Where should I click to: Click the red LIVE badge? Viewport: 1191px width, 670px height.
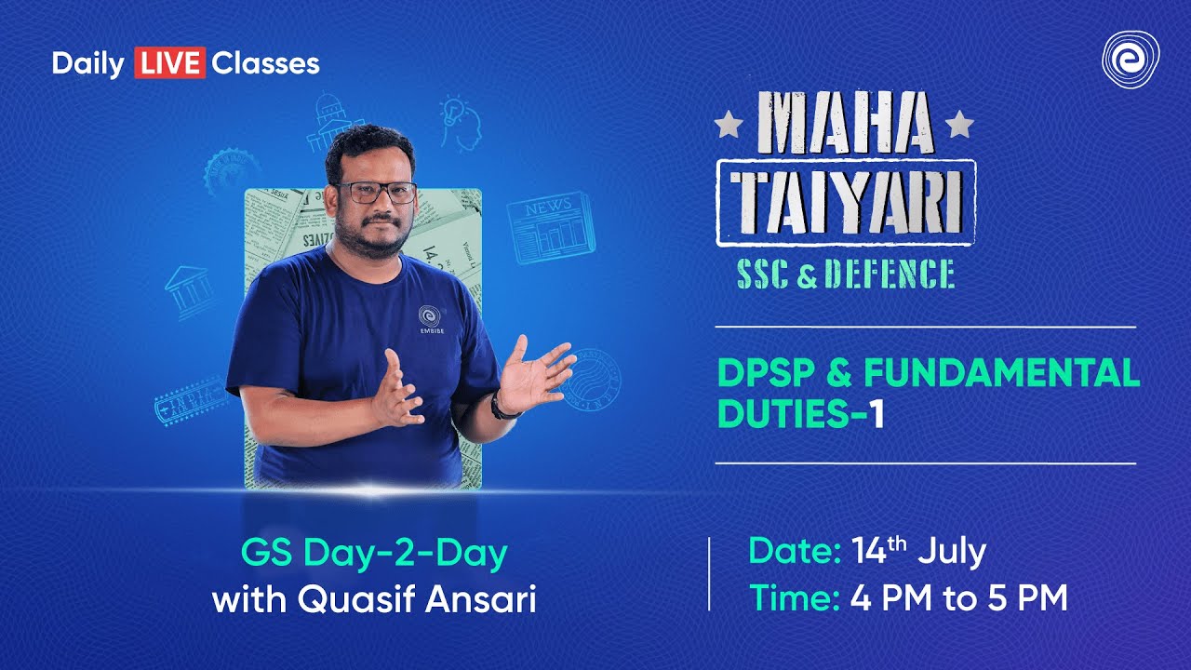coord(169,63)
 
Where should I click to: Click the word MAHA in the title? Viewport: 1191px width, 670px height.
coord(846,124)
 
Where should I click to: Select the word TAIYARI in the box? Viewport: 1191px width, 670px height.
coord(845,203)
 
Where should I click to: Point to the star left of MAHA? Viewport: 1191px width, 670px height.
coord(729,123)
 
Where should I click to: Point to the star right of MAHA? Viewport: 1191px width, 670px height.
coord(959,123)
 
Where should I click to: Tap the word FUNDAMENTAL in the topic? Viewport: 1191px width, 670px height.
coord(1002,373)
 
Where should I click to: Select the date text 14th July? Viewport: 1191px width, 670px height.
coord(918,552)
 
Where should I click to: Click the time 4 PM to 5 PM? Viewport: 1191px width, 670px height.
coord(958,598)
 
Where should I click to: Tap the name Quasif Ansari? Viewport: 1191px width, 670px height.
coord(417,599)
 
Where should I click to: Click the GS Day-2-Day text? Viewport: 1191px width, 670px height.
coord(374,555)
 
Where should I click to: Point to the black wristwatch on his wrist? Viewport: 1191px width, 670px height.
coord(500,407)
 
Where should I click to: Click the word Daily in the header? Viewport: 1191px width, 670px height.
coord(88,63)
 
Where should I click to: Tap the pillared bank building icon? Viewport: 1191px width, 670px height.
coord(190,290)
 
